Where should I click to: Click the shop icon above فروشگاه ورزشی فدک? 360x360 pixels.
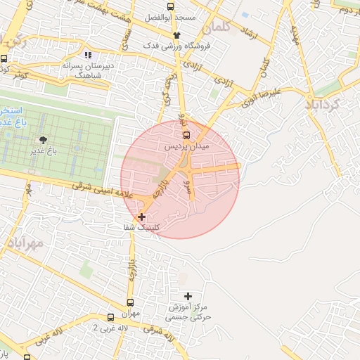(176, 35)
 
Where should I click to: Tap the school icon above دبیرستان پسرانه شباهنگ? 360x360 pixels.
(88, 54)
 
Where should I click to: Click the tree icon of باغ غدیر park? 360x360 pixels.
(44, 140)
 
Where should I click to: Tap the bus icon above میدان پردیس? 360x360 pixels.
(186, 135)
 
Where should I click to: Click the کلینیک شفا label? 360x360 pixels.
(141, 228)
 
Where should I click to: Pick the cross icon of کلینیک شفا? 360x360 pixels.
(143, 217)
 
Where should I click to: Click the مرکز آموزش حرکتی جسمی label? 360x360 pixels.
(189, 312)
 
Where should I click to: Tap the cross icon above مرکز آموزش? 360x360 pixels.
(187, 297)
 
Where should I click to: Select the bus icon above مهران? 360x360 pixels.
(110, 318)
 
